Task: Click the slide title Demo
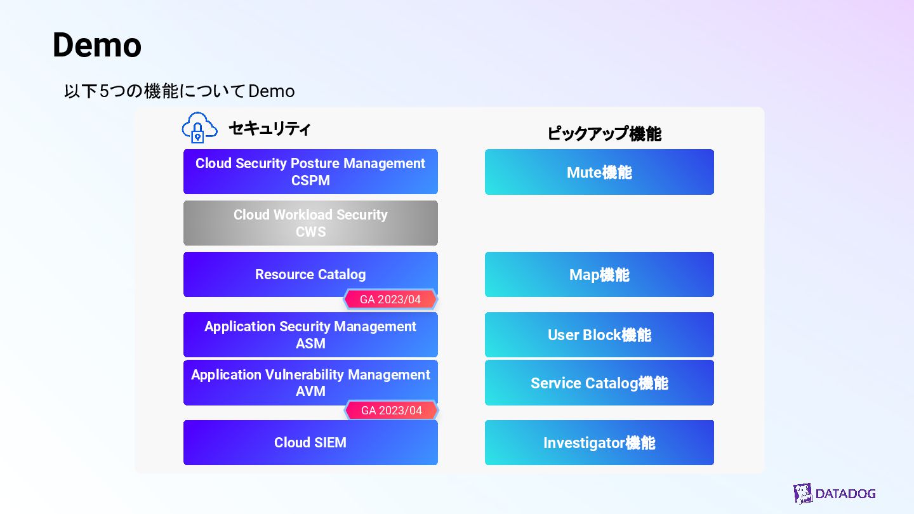tap(96, 45)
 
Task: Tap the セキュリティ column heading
tap(270, 129)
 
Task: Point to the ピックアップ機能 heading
tap(604, 134)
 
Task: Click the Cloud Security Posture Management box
tap(310, 171)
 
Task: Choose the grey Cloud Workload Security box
tap(310, 223)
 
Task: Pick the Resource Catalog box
tap(310, 274)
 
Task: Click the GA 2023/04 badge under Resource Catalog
tap(390, 300)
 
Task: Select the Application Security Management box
tap(310, 334)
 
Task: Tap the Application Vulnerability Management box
tap(310, 383)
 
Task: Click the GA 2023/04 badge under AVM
tap(392, 411)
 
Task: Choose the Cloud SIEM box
tap(310, 442)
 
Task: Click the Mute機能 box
tap(599, 172)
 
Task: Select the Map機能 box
tap(599, 274)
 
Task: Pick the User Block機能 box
tap(599, 334)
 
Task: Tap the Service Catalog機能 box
tap(599, 383)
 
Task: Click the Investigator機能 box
tap(599, 442)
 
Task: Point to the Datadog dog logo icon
tap(803, 494)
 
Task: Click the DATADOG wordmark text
tap(845, 494)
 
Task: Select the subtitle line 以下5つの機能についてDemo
tap(180, 91)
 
